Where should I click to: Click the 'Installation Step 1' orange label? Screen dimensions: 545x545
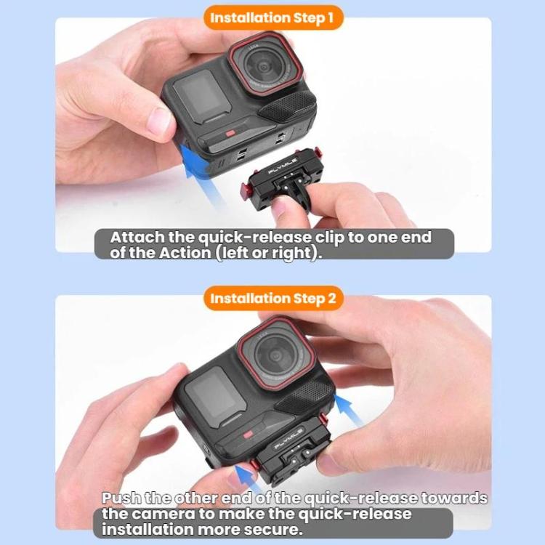272,17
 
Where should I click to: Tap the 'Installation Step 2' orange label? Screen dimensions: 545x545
273,298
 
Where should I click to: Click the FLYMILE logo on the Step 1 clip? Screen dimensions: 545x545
283,166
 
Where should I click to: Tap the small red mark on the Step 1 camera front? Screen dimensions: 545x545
230,134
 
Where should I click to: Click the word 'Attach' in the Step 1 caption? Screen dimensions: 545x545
137,238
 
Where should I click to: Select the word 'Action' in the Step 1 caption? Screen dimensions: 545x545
185,253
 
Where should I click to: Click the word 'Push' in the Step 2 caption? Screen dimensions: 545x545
121,498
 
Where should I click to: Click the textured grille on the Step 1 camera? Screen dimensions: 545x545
288,105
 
